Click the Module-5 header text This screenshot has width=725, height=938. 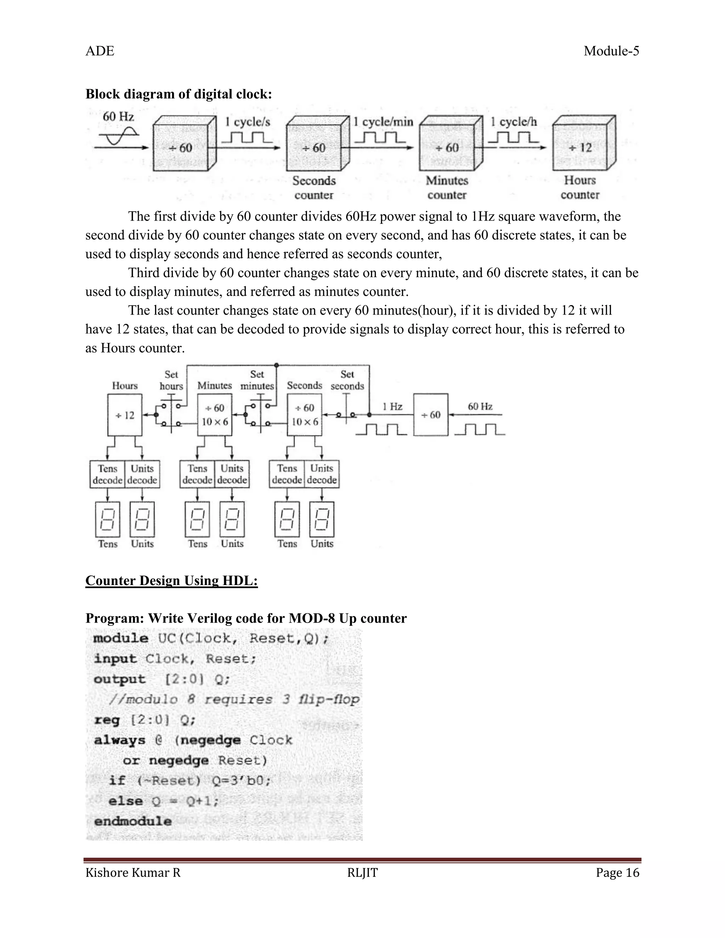click(611, 51)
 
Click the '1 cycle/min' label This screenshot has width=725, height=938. click(383, 122)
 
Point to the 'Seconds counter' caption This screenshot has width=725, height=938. click(314, 188)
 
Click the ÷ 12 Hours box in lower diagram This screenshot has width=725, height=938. click(124, 415)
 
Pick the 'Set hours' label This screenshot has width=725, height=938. click(171, 380)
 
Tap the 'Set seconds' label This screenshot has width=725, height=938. click(347, 380)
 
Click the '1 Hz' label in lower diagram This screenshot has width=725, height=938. click(392, 406)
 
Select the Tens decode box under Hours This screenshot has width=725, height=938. click(107, 474)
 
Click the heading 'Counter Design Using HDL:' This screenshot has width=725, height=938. click(171, 580)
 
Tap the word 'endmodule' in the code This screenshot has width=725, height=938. click(133, 821)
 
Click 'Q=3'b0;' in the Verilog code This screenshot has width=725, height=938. click(241, 780)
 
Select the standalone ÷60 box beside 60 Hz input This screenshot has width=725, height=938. click(430, 415)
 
